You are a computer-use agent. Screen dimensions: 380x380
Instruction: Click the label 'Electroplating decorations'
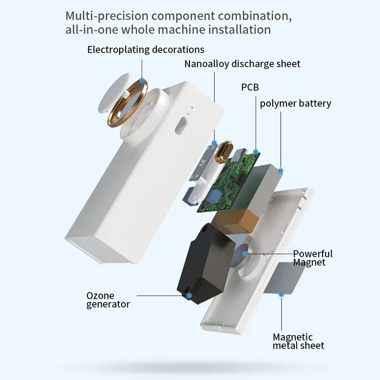point(145,49)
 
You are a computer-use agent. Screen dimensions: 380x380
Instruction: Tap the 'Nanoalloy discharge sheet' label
point(242,64)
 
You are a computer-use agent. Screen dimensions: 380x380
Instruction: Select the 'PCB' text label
point(250,87)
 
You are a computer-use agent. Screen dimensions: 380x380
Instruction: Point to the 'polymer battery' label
point(295,103)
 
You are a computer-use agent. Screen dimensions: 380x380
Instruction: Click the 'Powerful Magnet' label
point(313,258)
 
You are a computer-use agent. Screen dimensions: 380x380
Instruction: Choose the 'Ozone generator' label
point(108,300)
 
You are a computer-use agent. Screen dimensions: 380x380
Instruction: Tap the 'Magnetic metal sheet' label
point(298,342)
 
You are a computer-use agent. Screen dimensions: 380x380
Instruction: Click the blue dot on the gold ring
point(142,81)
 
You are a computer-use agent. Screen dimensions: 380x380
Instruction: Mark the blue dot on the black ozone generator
point(189,296)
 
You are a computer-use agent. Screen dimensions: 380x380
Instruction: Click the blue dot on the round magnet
point(245,254)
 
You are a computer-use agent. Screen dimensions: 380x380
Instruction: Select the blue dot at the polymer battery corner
point(281,170)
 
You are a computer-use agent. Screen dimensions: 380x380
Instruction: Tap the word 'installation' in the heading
point(239,29)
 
